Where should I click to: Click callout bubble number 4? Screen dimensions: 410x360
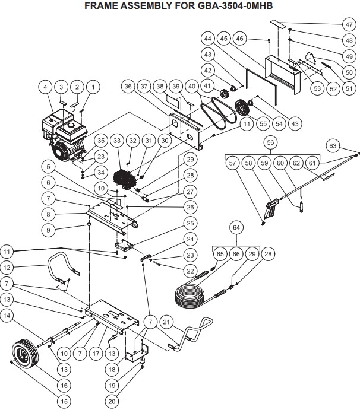tap(45, 87)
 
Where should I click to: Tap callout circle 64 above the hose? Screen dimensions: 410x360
tap(236, 228)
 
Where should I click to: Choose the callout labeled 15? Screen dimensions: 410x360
tap(64, 401)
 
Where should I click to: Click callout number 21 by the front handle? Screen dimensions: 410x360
tap(168, 322)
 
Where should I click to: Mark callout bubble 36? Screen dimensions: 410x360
tap(127, 87)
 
